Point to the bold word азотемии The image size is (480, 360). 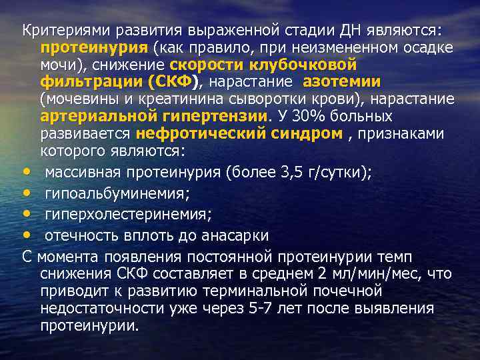pos(341,82)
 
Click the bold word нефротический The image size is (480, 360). pos(189,134)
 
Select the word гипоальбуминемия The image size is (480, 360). pos(117,194)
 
